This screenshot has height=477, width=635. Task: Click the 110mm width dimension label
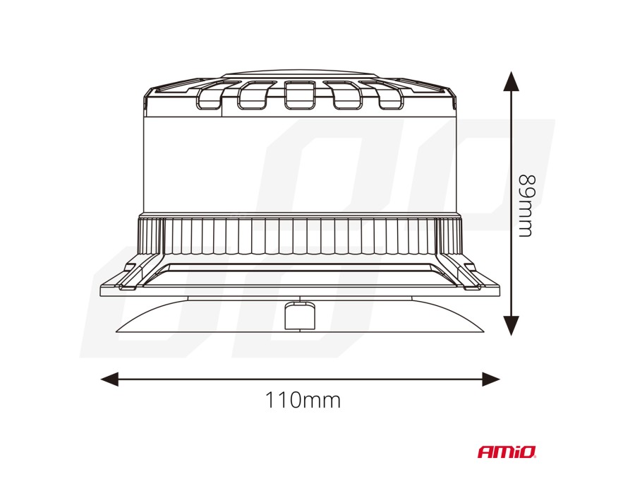(x=303, y=400)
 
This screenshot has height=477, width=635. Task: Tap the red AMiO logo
(x=507, y=452)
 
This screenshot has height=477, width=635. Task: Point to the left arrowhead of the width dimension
(x=109, y=379)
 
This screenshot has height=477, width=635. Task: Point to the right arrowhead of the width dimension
(x=491, y=379)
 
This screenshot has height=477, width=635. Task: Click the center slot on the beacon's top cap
(x=300, y=95)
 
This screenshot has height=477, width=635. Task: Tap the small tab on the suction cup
(x=300, y=316)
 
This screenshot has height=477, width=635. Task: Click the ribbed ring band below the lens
(x=300, y=235)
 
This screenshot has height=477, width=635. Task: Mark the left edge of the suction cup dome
(x=116, y=331)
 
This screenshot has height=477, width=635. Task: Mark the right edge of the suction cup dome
(x=483, y=331)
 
